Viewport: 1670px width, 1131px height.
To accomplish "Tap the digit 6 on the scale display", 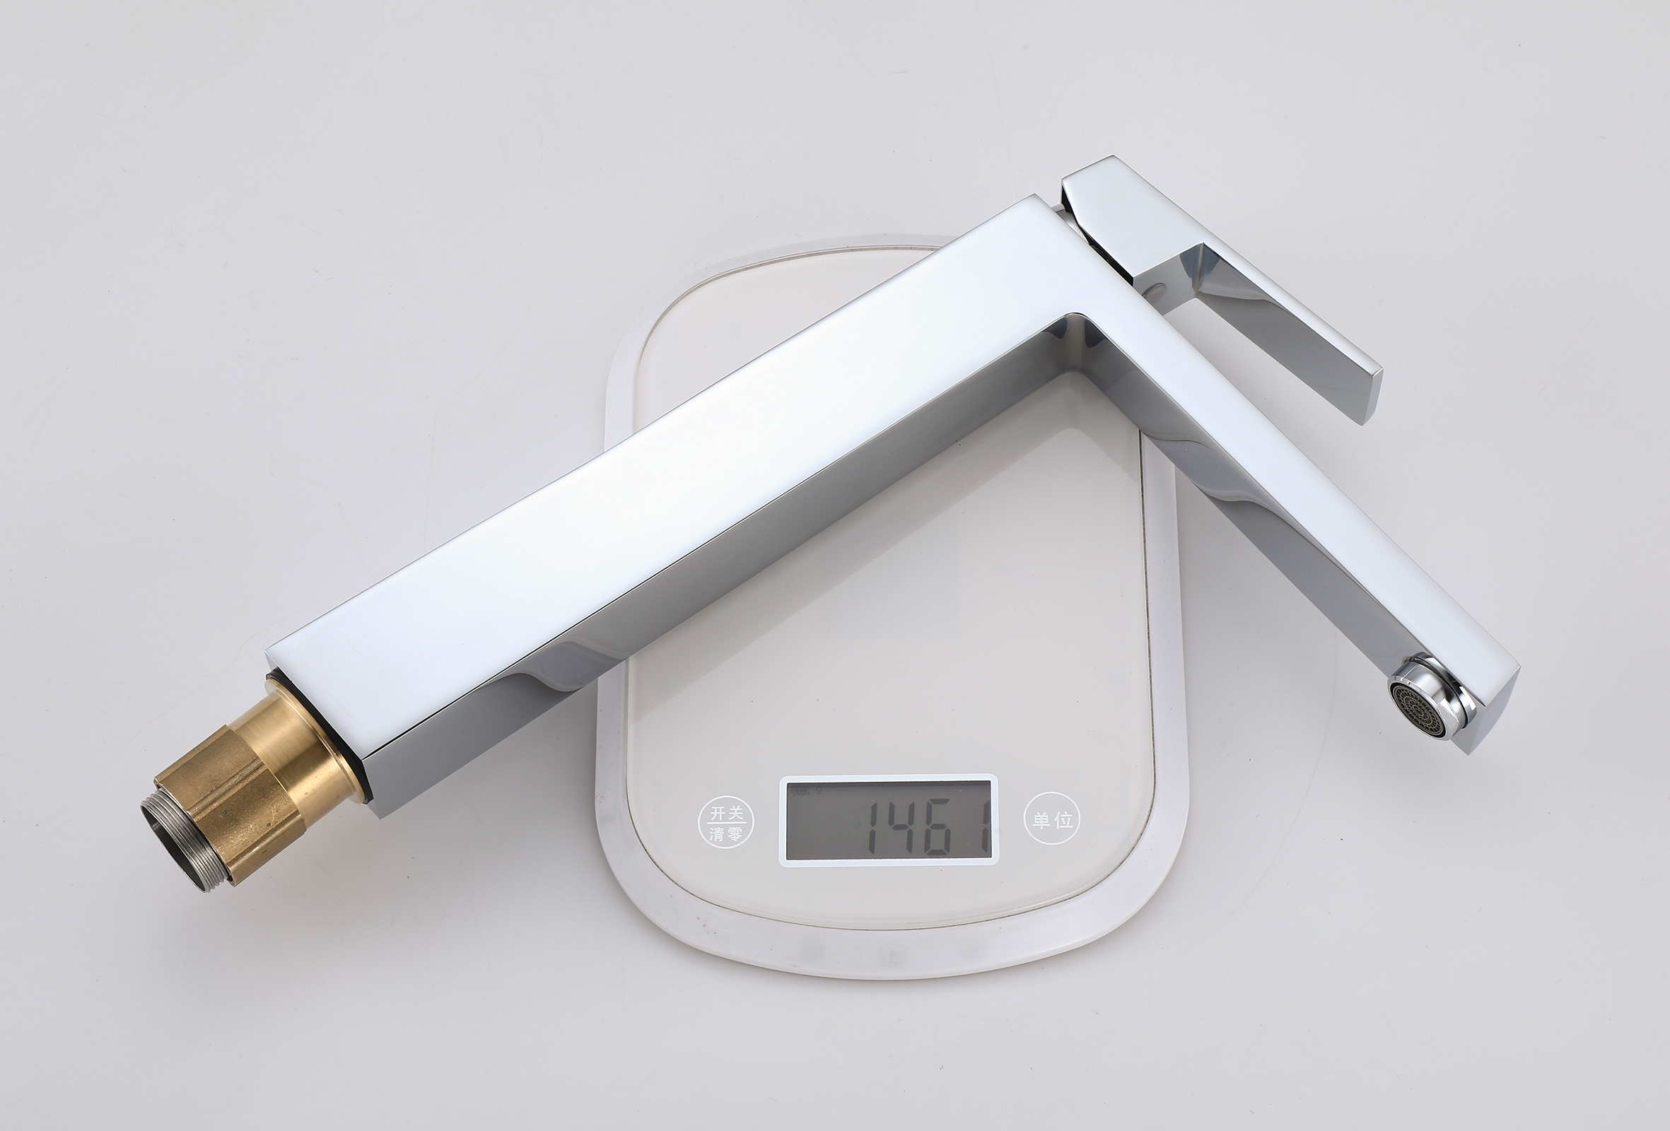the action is tap(946, 825).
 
